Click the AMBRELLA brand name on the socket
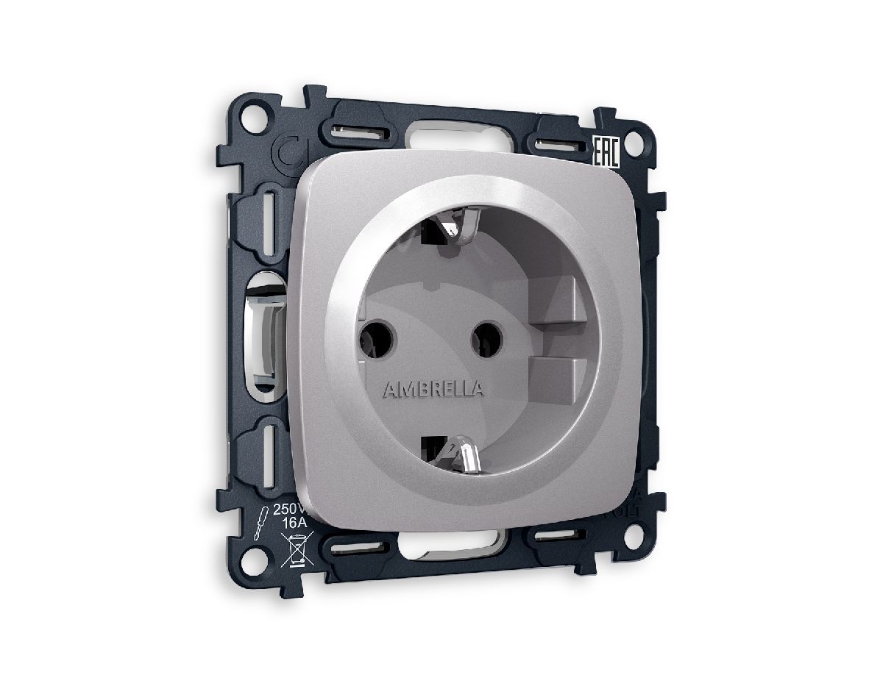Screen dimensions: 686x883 coord(433,389)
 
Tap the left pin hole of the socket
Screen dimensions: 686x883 coord(376,337)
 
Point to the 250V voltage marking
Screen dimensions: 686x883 coord(286,510)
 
